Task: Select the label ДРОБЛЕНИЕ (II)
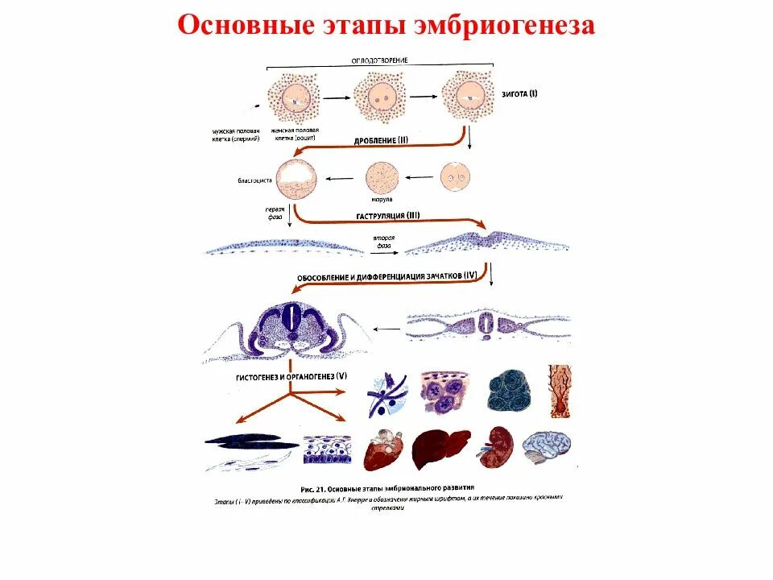pos(381,141)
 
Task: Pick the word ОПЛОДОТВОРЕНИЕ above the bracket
pos(380,60)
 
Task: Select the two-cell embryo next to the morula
pos(455,177)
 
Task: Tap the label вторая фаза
pos(382,244)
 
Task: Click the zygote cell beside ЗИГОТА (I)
pos(465,96)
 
